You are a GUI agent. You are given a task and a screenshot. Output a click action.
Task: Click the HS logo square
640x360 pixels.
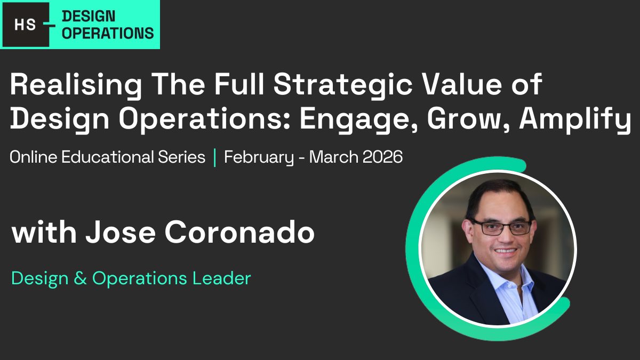point(25,25)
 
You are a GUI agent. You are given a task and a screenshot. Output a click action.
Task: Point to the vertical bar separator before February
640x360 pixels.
point(215,157)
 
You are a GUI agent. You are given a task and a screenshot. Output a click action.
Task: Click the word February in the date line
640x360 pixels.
point(259,158)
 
